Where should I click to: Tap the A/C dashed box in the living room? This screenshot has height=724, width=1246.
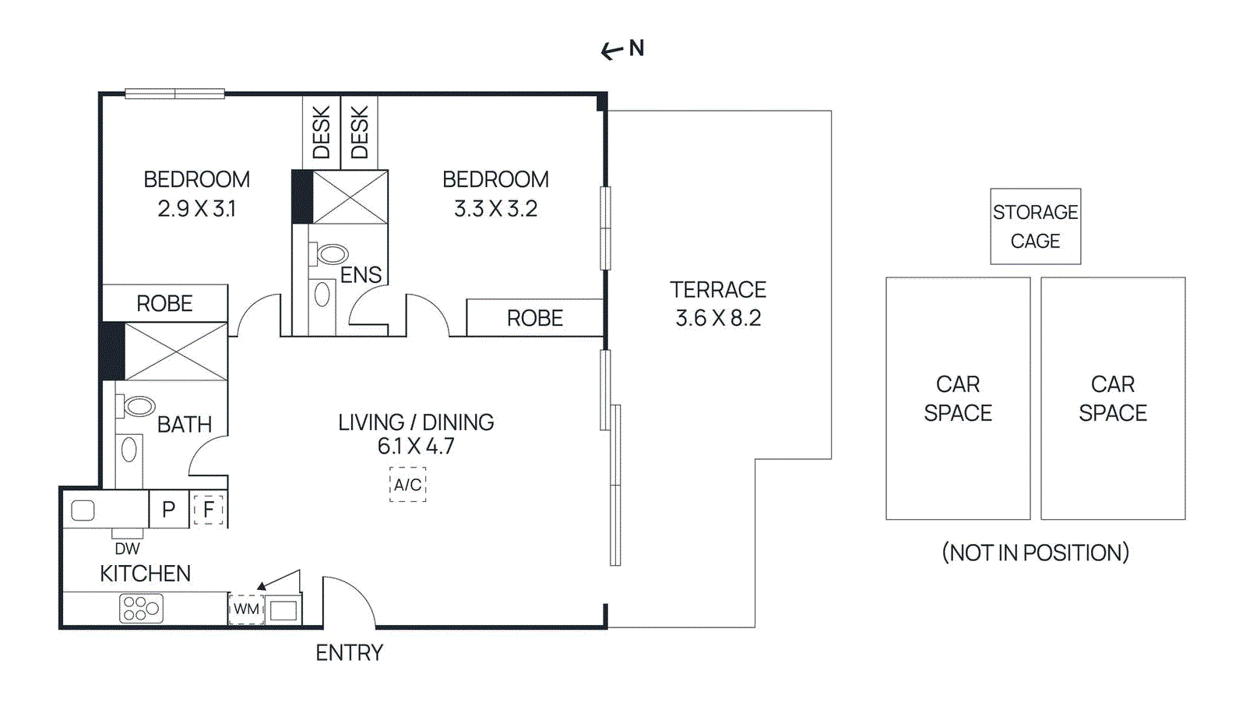tap(407, 485)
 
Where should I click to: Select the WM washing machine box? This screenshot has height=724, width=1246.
tap(247, 609)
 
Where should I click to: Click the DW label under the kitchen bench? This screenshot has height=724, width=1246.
tap(127, 549)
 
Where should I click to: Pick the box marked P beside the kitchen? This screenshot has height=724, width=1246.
tap(168, 510)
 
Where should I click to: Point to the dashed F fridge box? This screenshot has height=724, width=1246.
tap(208, 510)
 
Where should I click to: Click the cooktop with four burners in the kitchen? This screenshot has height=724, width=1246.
tap(141, 608)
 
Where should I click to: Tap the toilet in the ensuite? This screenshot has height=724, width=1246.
tap(331, 254)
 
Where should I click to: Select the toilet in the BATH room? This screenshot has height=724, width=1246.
tap(138, 406)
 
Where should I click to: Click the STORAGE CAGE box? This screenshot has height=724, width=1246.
tap(1035, 226)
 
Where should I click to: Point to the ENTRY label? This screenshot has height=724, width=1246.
tap(349, 653)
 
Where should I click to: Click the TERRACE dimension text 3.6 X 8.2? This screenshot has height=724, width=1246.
tap(718, 318)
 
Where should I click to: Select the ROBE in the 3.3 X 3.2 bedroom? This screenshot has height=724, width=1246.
tap(535, 318)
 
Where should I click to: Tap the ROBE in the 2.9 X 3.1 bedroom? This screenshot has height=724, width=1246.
tap(164, 303)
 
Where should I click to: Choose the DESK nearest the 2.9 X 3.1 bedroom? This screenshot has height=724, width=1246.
tap(322, 132)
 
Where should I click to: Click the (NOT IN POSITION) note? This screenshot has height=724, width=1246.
tap(1035, 553)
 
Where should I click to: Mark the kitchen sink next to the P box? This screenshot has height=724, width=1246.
tap(83, 510)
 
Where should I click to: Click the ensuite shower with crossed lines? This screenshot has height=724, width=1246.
tap(350, 197)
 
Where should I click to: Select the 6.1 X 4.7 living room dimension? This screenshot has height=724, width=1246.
tap(415, 447)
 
